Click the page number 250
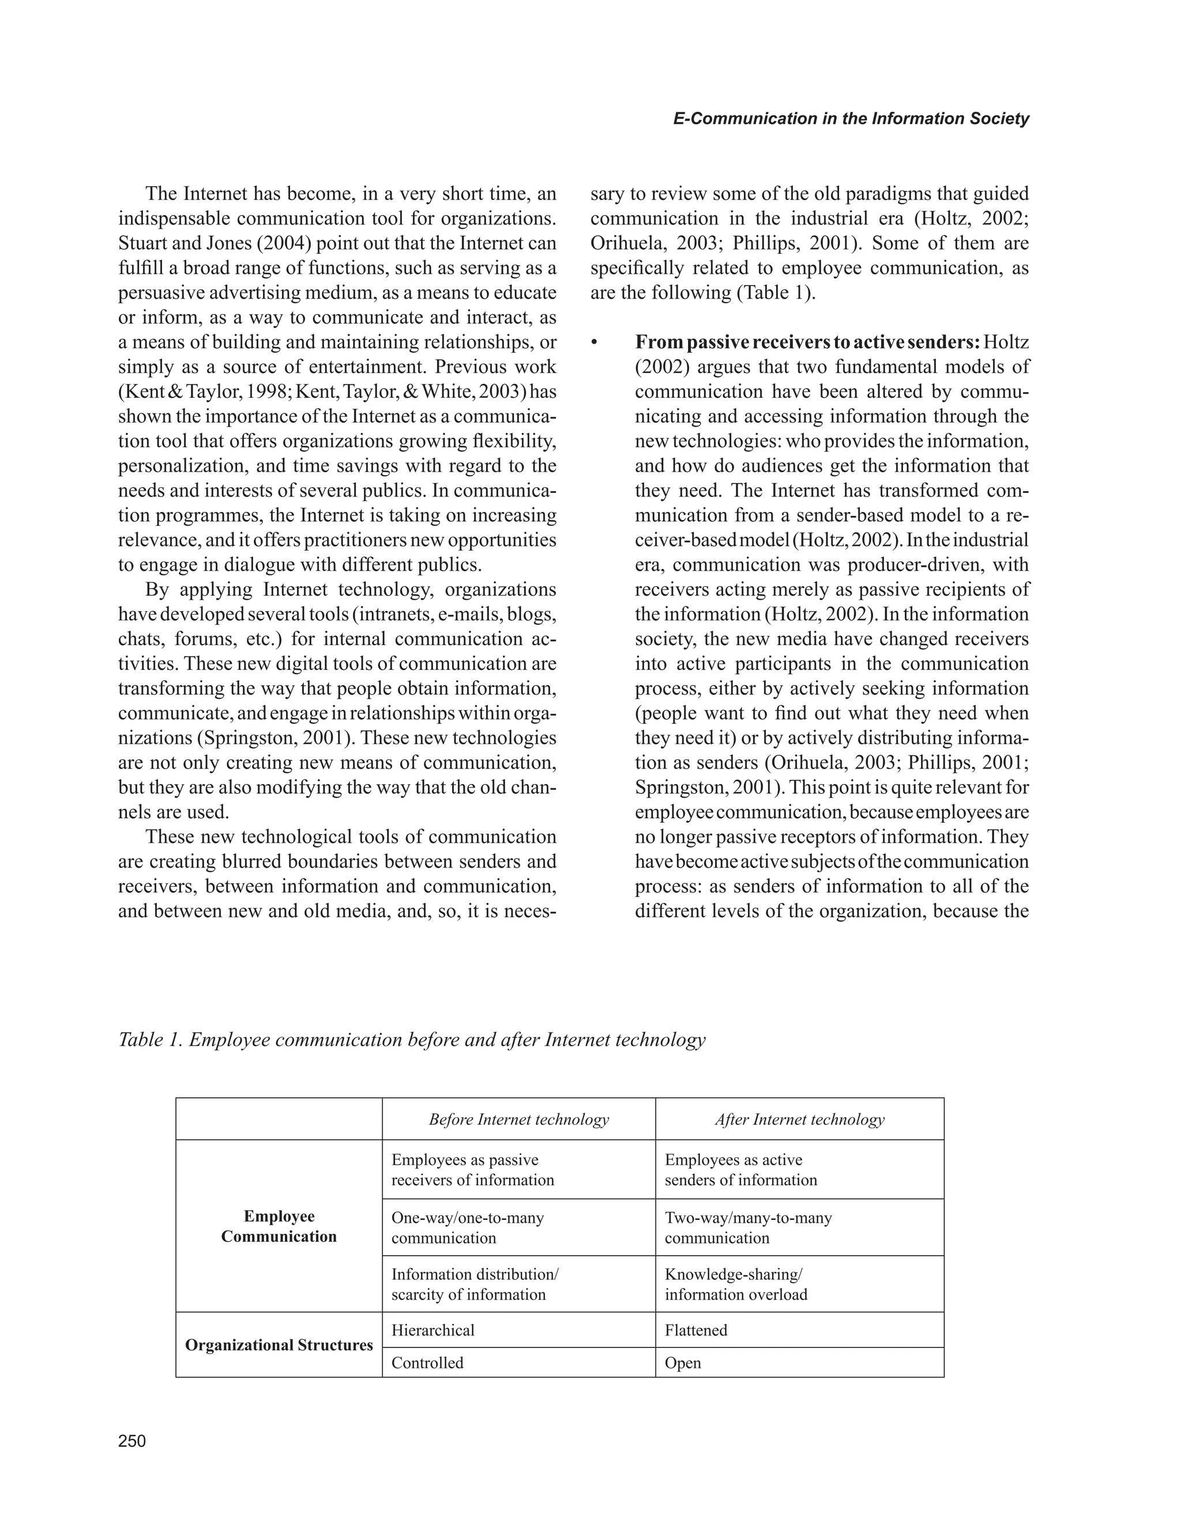click(x=132, y=1441)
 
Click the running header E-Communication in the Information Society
click(x=851, y=119)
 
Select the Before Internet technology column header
click(x=518, y=1119)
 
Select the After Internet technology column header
click(x=799, y=1119)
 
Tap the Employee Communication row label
click(x=279, y=1226)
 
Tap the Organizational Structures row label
click(x=279, y=1345)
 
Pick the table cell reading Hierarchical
click(x=433, y=1330)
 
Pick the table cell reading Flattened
click(x=696, y=1330)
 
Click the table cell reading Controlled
click(x=427, y=1363)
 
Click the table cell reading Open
click(x=683, y=1363)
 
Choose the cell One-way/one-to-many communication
click(x=467, y=1227)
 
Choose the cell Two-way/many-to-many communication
click(x=748, y=1227)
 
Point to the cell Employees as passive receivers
click(x=473, y=1170)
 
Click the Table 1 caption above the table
click(x=412, y=1040)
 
